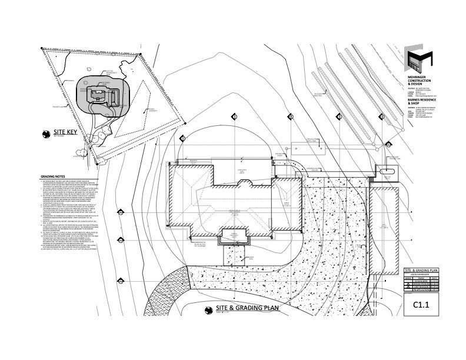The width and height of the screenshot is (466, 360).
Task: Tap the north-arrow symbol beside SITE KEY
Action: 44,134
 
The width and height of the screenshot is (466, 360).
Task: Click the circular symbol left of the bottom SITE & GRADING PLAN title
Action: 209,308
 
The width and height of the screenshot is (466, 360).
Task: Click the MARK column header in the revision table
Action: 408,276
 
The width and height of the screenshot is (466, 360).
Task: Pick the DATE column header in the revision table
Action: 435,276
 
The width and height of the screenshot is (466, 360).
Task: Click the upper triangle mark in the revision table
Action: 408,281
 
